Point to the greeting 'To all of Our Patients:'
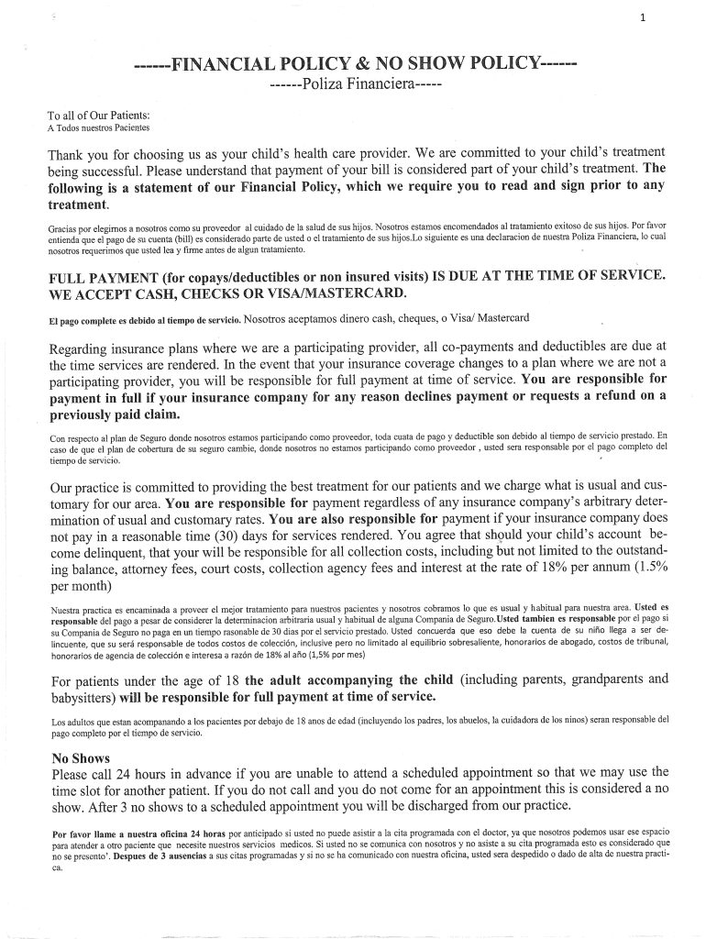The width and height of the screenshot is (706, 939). (99, 116)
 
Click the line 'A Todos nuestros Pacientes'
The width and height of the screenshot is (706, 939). (98, 127)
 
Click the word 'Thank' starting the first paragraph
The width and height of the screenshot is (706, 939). (71, 152)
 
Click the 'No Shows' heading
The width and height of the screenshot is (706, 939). (81, 758)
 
